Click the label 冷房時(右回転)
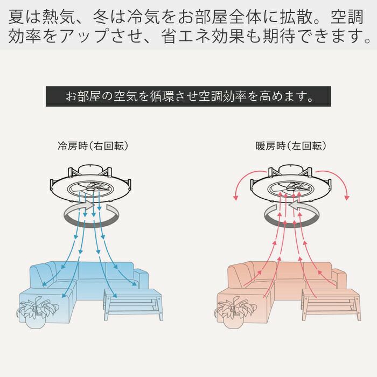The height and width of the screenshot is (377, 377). tap(93, 146)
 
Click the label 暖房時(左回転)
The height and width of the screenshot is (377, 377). tap(291, 146)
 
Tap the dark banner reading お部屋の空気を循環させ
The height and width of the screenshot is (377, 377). tap(188, 96)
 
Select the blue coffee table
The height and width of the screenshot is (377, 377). tap(134, 305)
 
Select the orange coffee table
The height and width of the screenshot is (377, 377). tap(331, 305)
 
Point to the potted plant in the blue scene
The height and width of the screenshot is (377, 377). tap(37, 312)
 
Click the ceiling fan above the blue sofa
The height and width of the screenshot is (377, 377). tap(90, 184)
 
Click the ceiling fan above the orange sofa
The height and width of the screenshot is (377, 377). tap(291, 184)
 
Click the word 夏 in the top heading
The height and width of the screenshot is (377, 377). tap(17, 17)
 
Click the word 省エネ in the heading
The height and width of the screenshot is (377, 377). tap(185, 36)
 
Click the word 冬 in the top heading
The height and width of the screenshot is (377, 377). tap(101, 17)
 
